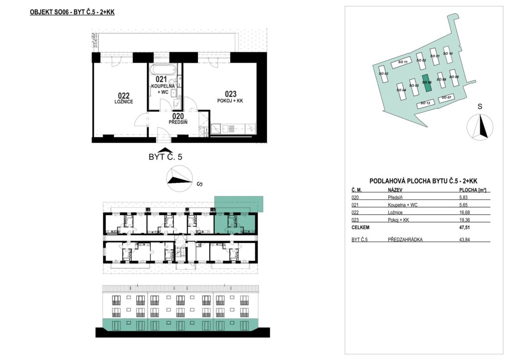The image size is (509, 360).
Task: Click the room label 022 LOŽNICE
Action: click(x=124, y=98)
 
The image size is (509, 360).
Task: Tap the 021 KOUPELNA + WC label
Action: click(x=163, y=85)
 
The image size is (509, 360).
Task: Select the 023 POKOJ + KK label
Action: click(x=230, y=97)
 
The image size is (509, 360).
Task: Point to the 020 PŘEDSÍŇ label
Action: click(x=178, y=119)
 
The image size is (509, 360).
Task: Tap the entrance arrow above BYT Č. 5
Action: click(x=165, y=150)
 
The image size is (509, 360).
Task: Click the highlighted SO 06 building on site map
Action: click(x=427, y=84)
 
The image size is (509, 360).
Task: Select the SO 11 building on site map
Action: click(x=402, y=62)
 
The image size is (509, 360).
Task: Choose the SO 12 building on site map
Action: click(x=425, y=103)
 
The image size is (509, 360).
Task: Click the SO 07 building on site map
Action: click(x=446, y=98)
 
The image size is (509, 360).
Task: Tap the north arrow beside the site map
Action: click(x=480, y=127)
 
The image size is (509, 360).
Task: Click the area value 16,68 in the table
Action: click(x=464, y=212)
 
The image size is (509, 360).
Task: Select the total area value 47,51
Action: click(x=464, y=228)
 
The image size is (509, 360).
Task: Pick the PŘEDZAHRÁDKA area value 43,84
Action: click(x=464, y=240)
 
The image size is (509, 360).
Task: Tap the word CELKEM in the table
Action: click(x=360, y=228)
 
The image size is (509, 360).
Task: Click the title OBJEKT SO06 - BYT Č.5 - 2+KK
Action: click(x=72, y=12)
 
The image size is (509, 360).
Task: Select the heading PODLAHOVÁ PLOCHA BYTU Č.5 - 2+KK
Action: click(x=424, y=181)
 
